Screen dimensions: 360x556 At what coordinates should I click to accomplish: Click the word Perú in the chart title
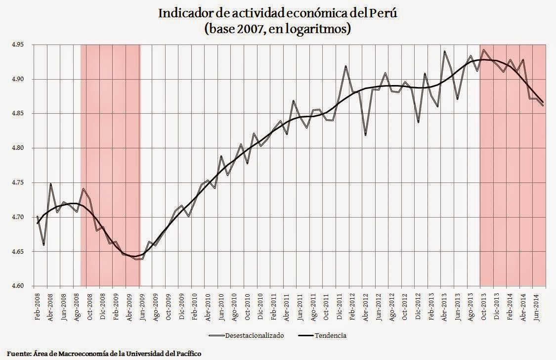pos(384,13)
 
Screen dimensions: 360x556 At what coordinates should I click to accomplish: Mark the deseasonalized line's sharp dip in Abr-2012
pos(366,135)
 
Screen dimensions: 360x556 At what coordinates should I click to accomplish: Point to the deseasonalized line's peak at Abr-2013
pos(444,51)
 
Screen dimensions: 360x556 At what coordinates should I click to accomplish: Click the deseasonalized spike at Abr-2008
pos(51,184)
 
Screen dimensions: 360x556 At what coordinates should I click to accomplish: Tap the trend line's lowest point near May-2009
pos(133,256)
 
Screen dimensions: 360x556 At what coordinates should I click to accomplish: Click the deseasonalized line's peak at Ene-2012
pos(346,66)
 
